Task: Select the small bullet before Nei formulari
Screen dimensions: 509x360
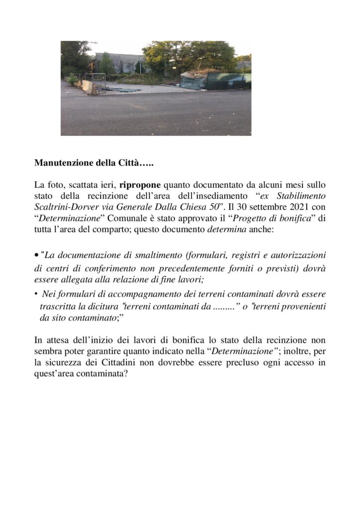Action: click(37, 293)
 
